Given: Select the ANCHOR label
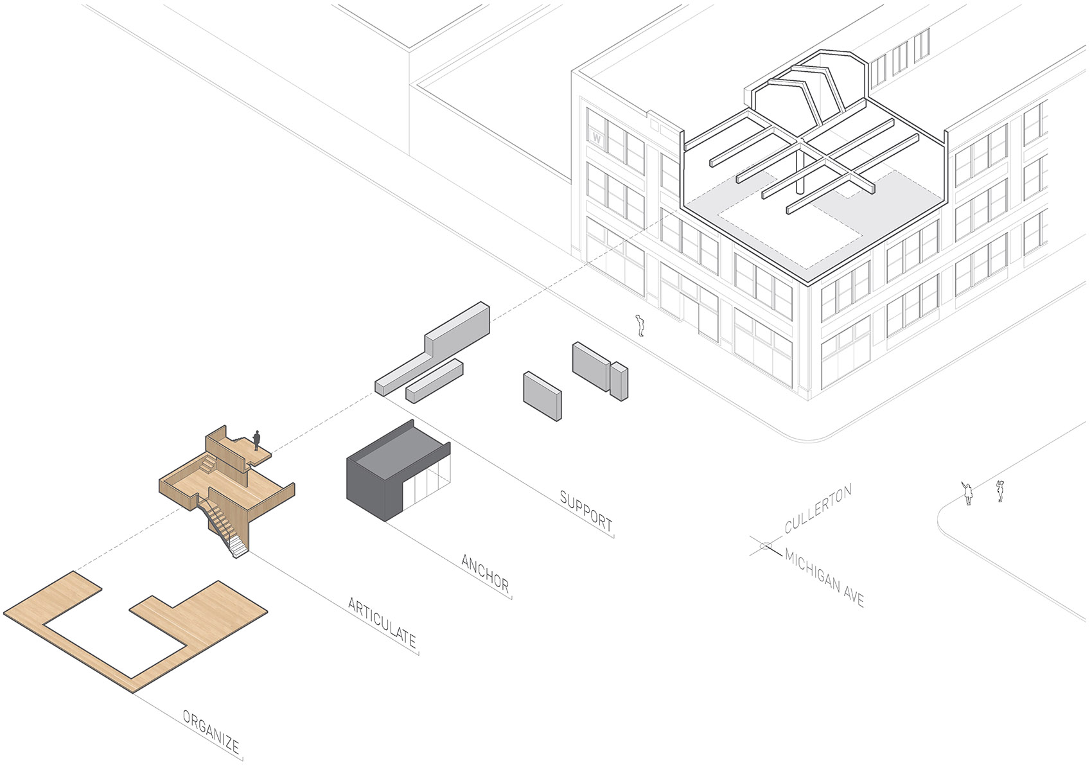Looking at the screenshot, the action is [x=486, y=573].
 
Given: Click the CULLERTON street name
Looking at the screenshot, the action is [x=818, y=508].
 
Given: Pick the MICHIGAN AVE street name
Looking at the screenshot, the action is [x=824, y=578].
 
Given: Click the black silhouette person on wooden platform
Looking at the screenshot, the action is [x=256, y=441].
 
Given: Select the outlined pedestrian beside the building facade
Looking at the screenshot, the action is [x=640, y=326].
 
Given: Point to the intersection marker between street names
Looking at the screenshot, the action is [x=766, y=546].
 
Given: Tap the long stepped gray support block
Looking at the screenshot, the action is [x=432, y=347].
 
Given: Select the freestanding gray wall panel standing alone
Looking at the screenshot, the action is [x=542, y=396].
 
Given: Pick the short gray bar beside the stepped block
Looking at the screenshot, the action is [x=434, y=381].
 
